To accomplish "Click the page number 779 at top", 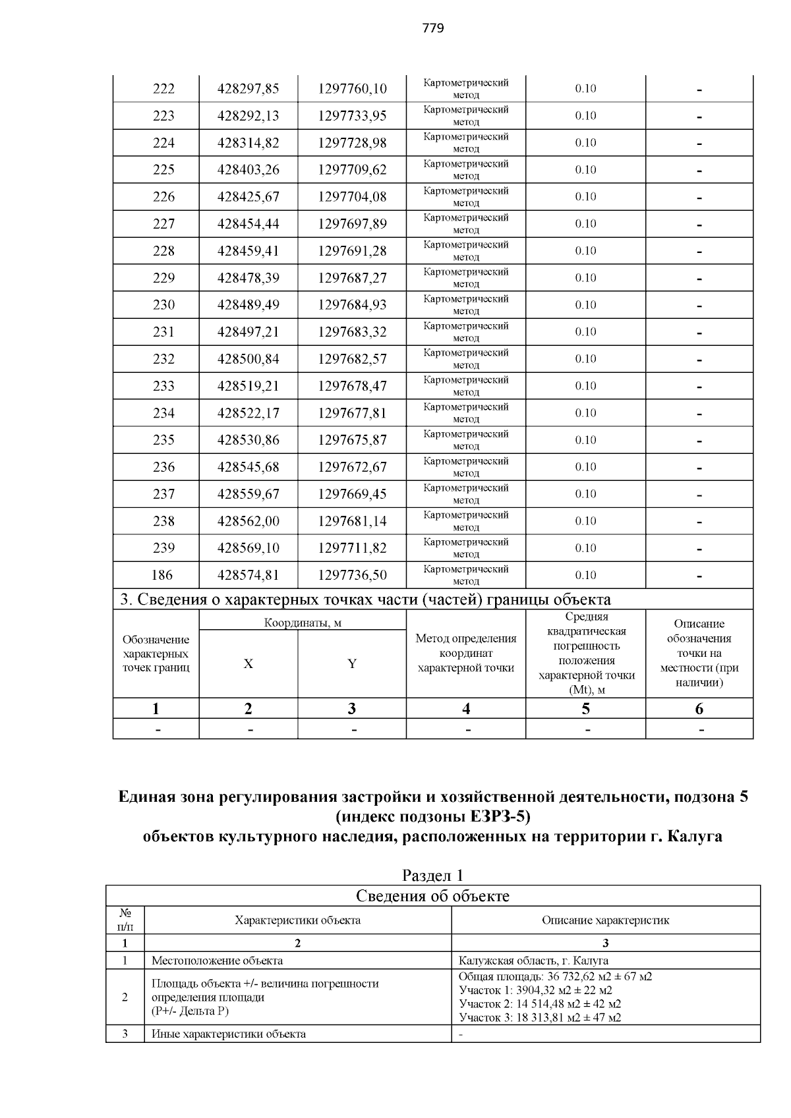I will pyautogui.click(x=433, y=28).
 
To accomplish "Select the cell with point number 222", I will pyautogui.click(x=163, y=89).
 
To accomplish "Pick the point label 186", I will pyautogui.click(x=162, y=575).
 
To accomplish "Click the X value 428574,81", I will pyautogui.click(x=249, y=575).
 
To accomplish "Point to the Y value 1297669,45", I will pyautogui.click(x=352, y=494).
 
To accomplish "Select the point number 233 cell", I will pyautogui.click(x=163, y=386).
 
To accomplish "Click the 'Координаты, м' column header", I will pyautogui.click(x=303, y=623).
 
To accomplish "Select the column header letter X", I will pyautogui.click(x=248, y=664).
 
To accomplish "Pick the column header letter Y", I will pyautogui.click(x=352, y=664).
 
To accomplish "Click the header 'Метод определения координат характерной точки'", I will pyautogui.click(x=466, y=653).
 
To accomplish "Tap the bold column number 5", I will pyautogui.click(x=585, y=709).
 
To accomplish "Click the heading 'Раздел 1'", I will pyautogui.click(x=433, y=876).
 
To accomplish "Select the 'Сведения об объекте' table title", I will pyautogui.click(x=433, y=896).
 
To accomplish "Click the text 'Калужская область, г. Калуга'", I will pyautogui.click(x=533, y=961).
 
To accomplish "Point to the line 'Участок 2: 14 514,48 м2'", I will pyautogui.click(x=539, y=1004).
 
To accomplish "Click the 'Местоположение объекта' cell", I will pyautogui.click(x=218, y=961).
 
